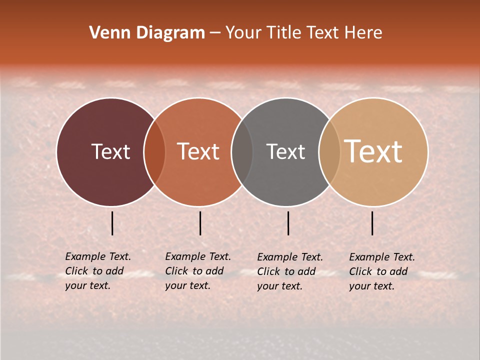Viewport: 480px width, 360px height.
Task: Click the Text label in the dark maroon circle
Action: (110, 151)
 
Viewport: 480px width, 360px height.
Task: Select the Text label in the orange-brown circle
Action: (198, 151)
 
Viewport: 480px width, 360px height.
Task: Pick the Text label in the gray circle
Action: (286, 151)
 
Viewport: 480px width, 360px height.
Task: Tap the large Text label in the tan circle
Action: (373, 151)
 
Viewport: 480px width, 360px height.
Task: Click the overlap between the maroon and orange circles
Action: (154, 152)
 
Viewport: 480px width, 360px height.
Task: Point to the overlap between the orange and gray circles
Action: (242, 152)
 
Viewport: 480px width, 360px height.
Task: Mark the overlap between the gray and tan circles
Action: (329, 152)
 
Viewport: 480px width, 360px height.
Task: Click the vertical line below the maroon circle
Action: (112, 223)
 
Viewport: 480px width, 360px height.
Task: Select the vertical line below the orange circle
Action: (200, 223)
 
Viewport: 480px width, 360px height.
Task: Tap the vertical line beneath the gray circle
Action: (288, 223)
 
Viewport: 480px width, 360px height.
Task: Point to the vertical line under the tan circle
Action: (372, 223)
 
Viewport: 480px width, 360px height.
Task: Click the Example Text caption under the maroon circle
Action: (98, 271)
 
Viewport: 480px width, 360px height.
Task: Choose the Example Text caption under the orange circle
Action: (198, 271)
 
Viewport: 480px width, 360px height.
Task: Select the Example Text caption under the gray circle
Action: (290, 271)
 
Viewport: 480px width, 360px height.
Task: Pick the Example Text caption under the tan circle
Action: (382, 271)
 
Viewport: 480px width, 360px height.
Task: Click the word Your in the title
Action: (243, 33)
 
